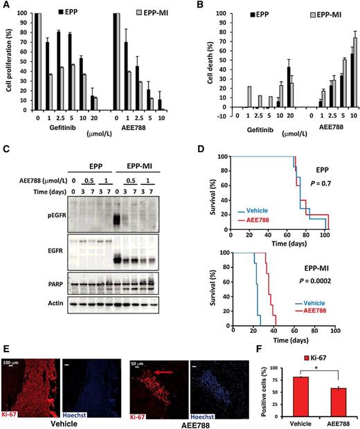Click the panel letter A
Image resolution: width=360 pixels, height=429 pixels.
coord(6,5)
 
